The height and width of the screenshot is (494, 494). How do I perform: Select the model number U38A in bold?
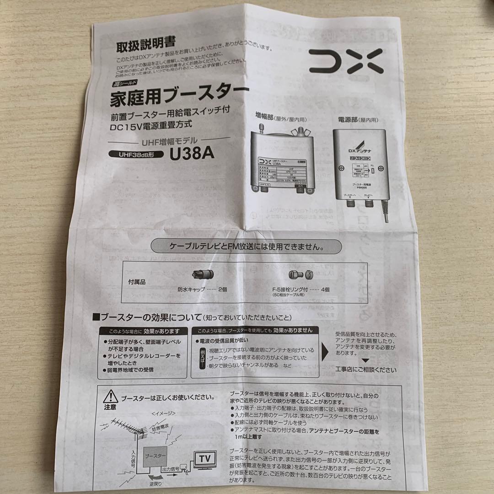pos(192,154)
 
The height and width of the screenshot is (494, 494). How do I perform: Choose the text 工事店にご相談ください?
pos(366,370)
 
